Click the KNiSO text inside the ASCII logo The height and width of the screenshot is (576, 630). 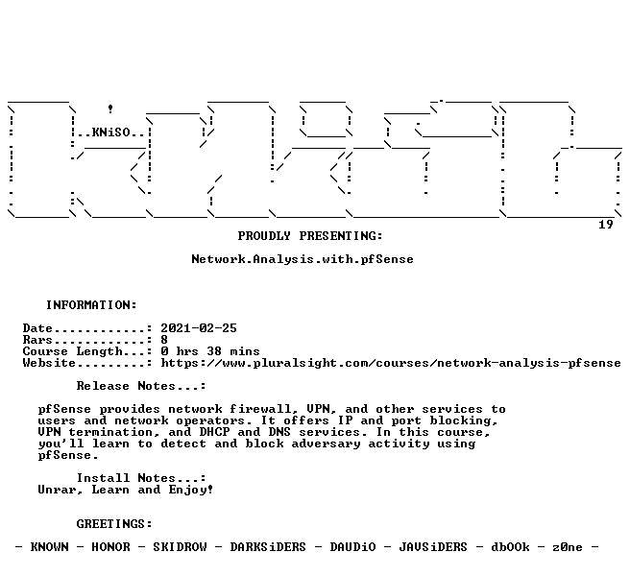tap(111, 132)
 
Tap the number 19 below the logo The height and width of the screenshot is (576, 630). tap(605, 225)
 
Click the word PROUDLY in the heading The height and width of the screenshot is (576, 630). tap(264, 236)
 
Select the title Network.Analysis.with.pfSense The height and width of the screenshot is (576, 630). tap(303, 259)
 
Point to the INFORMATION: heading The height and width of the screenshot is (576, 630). tap(91, 305)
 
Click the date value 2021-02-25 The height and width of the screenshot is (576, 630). tap(199, 328)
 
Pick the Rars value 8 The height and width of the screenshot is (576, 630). tap(164, 340)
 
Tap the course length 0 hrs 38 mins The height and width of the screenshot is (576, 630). tap(210, 351)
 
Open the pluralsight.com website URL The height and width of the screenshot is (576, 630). tap(391, 363)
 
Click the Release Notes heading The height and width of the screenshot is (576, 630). tap(141, 386)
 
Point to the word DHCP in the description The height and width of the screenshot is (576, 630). tap(214, 432)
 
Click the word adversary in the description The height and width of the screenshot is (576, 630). tap(326, 444)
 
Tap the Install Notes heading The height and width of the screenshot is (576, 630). tap(141, 478)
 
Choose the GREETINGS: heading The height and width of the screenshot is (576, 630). tap(114, 524)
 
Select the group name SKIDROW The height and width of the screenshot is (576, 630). tap(180, 547)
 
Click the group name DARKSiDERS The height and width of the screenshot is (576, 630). tap(268, 547)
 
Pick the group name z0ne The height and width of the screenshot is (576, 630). tap(568, 547)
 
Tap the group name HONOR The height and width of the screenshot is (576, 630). tap(110, 547)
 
